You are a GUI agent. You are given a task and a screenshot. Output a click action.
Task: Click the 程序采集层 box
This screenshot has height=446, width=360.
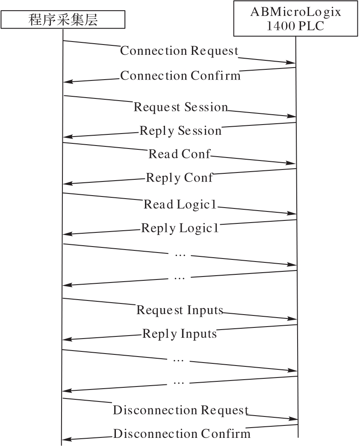[63, 20]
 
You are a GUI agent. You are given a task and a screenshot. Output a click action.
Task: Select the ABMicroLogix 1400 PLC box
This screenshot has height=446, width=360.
[295, 18]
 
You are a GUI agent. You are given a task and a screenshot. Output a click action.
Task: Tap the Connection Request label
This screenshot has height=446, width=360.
[179, 51]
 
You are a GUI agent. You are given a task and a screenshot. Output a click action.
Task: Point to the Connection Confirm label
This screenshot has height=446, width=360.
[180, 76]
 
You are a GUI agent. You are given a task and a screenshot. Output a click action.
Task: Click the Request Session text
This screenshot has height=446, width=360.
[181, 107]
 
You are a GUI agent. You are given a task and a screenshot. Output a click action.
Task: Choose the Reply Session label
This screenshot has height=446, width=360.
[180, 131]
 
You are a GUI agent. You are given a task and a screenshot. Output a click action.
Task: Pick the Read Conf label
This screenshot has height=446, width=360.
[179, 154]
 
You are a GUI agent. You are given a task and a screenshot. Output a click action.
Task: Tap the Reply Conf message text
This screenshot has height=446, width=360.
[179, 178]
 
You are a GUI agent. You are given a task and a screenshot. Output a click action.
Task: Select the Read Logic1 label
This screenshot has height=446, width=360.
[180, 205]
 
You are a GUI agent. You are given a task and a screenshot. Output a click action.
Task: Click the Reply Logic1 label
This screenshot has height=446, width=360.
[180, 228]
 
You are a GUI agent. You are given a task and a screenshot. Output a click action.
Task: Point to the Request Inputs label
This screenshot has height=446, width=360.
[180, 310]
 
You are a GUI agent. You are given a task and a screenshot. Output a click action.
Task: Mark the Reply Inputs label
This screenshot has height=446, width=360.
[180, 334]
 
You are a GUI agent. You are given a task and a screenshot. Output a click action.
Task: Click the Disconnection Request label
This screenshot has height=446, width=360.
[181, 410]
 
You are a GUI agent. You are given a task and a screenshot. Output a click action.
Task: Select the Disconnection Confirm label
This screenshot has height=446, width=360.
[182, 434]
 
